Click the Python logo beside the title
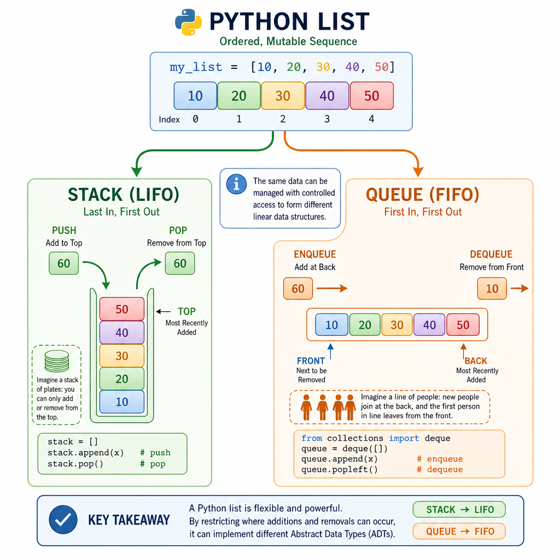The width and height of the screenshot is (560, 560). pos(188,22)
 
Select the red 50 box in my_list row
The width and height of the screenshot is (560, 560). pos(372,96)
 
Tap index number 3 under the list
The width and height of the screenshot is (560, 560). pos(327,119)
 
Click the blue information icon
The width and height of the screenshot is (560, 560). pos(236,184)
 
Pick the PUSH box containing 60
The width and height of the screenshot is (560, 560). pos(63,263)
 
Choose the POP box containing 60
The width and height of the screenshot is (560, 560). pos(180,263)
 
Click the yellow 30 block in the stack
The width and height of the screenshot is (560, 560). pos(122,355)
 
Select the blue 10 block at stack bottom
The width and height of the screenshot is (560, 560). pos(122,402)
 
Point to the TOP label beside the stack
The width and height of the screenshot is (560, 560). pos(187,311)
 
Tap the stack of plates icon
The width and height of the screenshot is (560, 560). pos(57,361)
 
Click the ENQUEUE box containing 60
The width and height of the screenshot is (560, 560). pos(298,289)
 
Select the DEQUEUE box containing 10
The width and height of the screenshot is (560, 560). pos(492,289)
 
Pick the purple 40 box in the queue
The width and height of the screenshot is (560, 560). pos(429,325)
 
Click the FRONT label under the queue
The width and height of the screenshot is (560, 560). pos(311,361)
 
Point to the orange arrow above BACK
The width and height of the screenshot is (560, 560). pos(464,351)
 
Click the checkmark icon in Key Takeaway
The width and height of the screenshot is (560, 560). pos(63,520)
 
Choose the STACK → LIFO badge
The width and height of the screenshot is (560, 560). pos(459,510)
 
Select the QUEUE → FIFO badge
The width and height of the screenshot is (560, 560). pos(459,532)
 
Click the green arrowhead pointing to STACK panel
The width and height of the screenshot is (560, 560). pos(136,171)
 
